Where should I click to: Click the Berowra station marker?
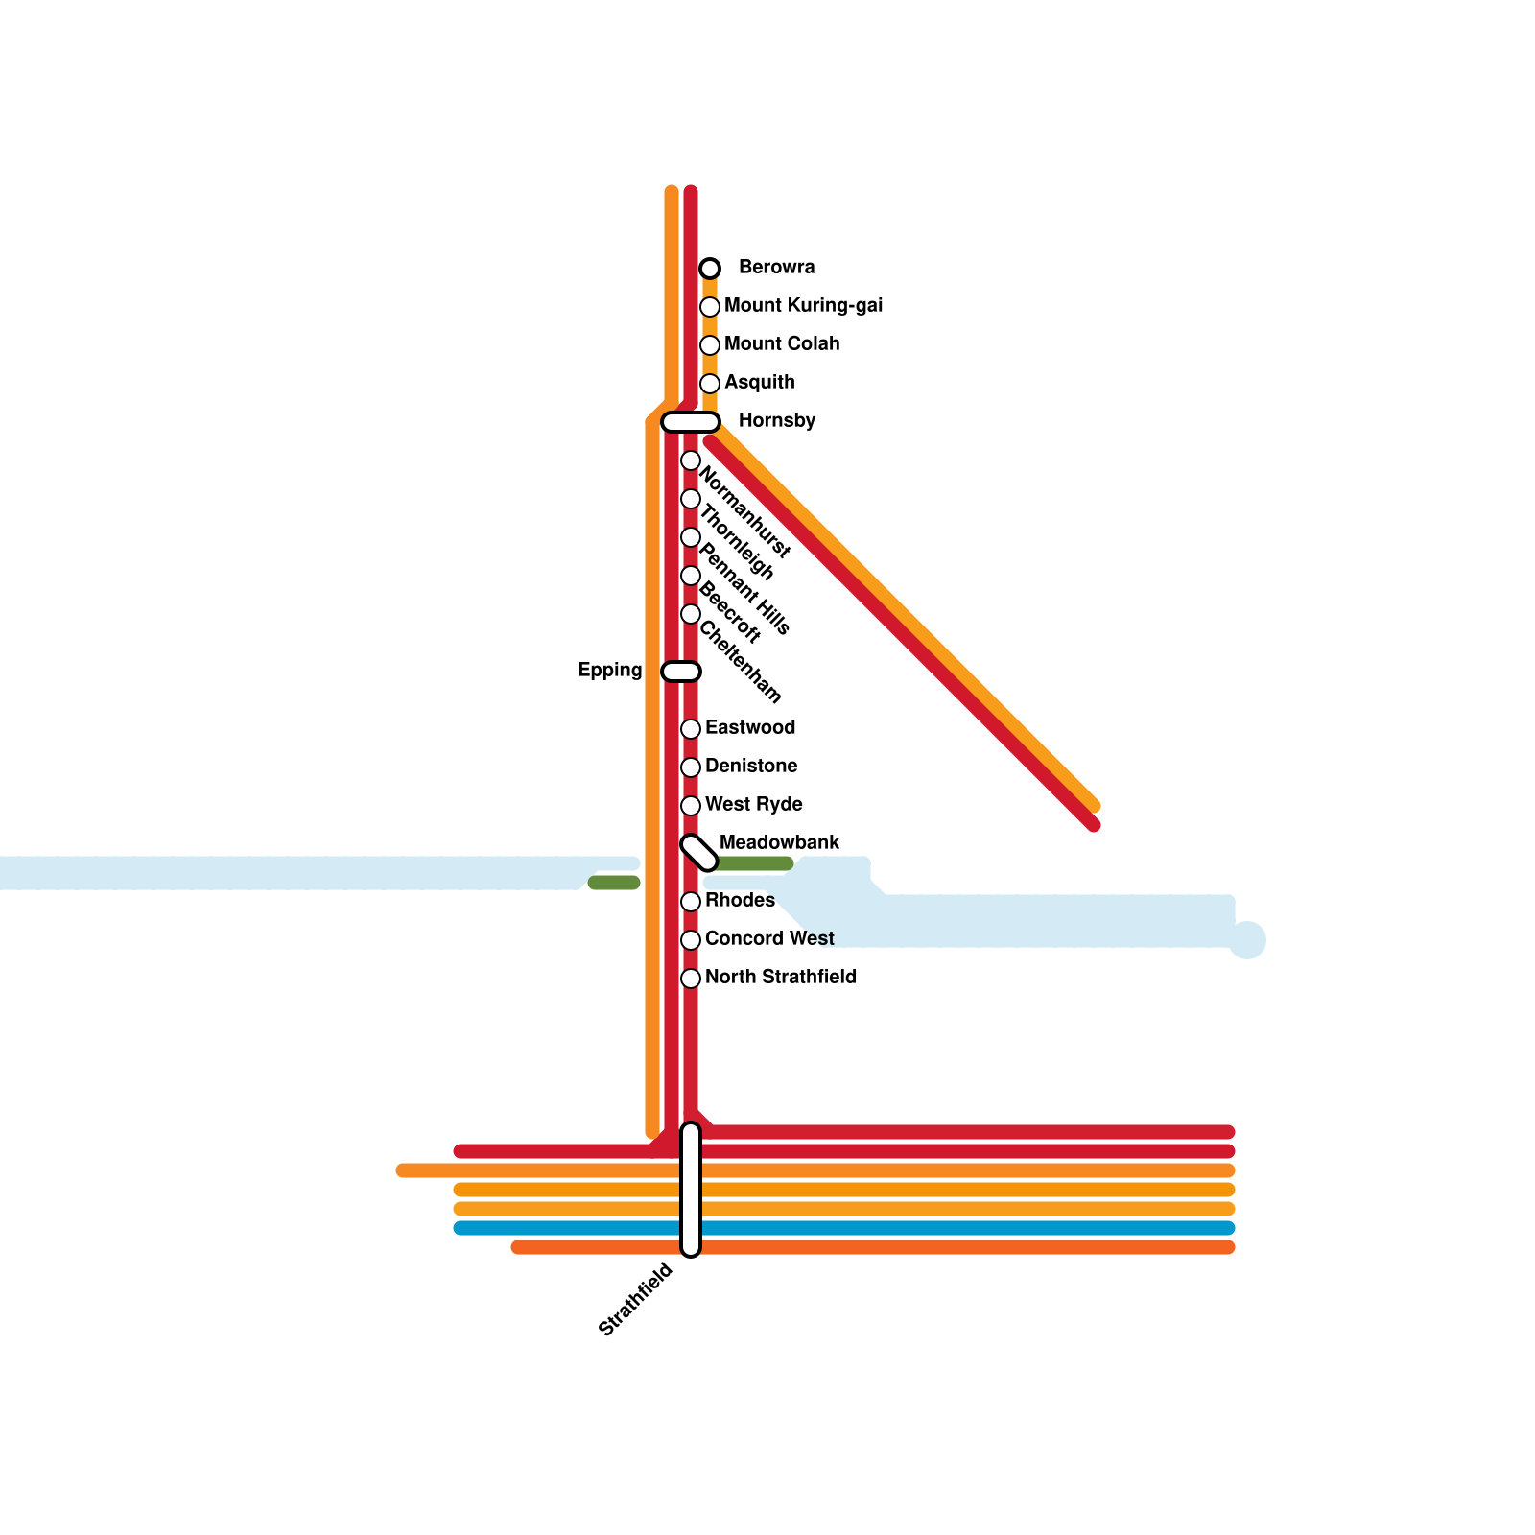tap(710, 268)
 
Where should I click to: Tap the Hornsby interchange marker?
tap(691, 422)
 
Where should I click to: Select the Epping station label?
tap(609, 671)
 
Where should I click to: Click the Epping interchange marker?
tap(681, 672)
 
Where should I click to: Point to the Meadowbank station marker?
tap(699, 853)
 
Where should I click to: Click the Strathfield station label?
tap(635, 1301)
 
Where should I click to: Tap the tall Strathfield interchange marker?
tap(691, 1190)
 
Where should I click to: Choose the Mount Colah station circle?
tap(710, 345)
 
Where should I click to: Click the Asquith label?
tap(759, 383)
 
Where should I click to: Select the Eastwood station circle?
tap(691, 729)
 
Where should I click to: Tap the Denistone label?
tap(751, 767)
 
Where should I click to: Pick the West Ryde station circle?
tap(691, 806)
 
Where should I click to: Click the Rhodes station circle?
tap(691, 902)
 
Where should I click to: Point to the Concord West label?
tap(769, 939)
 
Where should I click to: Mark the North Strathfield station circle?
tap(691, 979)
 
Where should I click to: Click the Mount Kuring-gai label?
tap(803, 306)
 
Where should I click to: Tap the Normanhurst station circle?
tap(691, 460)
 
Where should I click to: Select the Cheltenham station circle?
tap(691, 614)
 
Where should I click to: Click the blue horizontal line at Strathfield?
tap(959, 1228)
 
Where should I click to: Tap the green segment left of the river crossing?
tap(614, 883)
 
